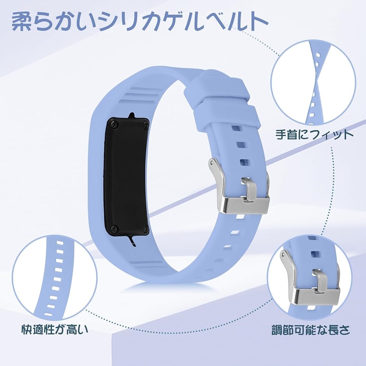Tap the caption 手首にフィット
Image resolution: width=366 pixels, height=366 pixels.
pos(315,135)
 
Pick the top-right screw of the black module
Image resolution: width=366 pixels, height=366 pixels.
pos(146,124)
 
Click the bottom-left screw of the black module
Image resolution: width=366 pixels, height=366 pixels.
pos(114,229)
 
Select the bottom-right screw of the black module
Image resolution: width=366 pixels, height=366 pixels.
pos(146,229)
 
